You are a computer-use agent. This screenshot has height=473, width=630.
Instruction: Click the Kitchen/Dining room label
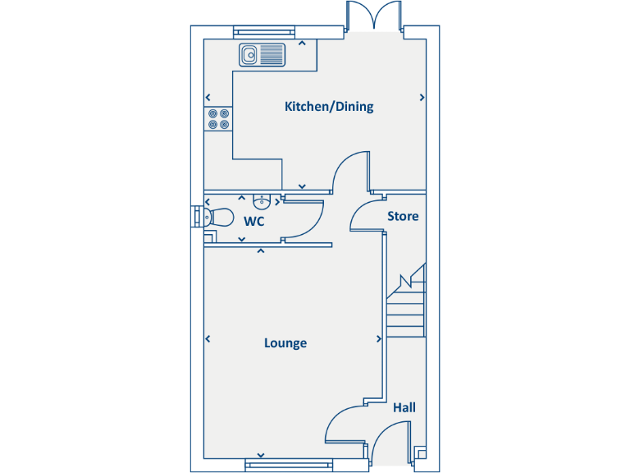(x=328, y=106)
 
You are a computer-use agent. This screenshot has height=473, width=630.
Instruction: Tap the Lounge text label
(x=285, y=342)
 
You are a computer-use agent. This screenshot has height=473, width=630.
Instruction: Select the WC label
(x=253, y=221)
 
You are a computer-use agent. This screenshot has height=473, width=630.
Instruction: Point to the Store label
(x=403, y=216)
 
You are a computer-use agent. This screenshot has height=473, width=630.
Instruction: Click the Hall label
(x=404, y=407)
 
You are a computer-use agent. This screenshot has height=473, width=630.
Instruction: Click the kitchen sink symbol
(x=262, y=55)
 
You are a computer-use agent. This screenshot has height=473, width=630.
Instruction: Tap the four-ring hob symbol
(x=218, y=119)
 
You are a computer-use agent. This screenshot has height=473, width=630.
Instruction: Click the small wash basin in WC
(x=262, y=201)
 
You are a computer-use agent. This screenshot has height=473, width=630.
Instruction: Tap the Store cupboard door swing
(x=366, y=215)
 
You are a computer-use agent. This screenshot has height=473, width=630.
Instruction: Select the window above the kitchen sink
(x=263, y=32)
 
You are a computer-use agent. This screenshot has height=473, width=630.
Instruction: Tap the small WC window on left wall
(x=196, y=215)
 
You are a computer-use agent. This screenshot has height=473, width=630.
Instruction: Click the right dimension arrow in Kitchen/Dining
(x=422, y=97)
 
